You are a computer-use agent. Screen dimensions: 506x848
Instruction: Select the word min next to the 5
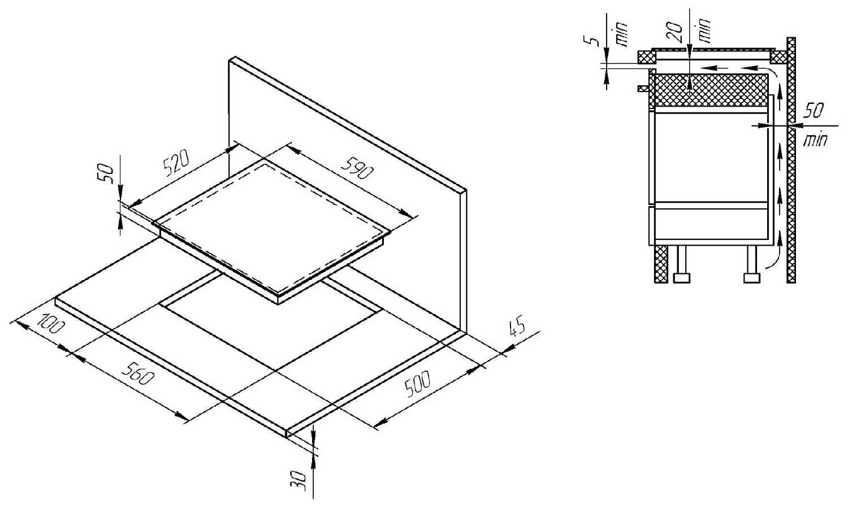tap(619, 37)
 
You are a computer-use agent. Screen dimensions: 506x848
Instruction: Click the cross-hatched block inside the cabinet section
tap(709, 90)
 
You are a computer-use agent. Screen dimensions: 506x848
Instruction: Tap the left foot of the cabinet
tap(682, 277)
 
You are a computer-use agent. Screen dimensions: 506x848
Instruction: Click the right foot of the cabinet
tap(751, 277)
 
